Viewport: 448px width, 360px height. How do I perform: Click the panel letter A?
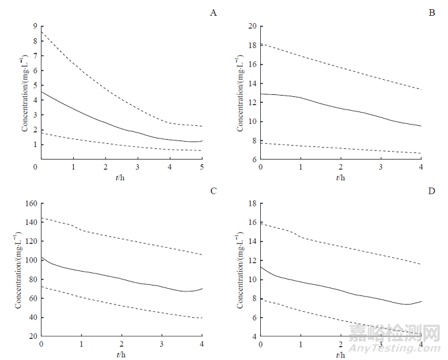tap(213, 13)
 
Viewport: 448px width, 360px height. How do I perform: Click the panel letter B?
tap(432, 13)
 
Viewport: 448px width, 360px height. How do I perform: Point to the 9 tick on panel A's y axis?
tap(34, 26)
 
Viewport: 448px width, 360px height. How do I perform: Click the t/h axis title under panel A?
tap(121, 177)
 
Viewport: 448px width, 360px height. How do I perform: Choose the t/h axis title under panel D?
tap(340, 355)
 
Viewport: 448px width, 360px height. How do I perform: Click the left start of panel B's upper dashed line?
tap(261, 44)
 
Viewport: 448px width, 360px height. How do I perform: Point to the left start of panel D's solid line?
tap(261, 266)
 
